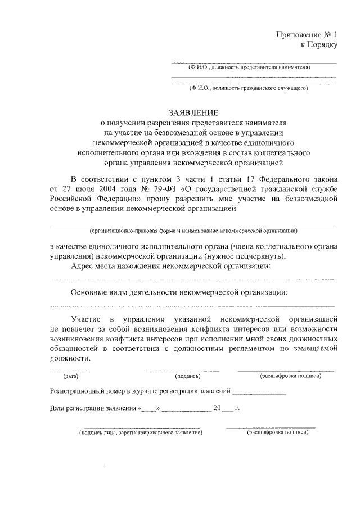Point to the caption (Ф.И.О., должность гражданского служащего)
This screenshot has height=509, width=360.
tap(249, 88)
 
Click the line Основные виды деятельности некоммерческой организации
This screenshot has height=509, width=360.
tap(179, 293)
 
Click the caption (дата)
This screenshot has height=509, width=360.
tap(70, 376)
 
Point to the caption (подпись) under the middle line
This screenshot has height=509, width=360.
tap(184, 376)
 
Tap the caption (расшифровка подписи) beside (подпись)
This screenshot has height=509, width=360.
tap(290, 376)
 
